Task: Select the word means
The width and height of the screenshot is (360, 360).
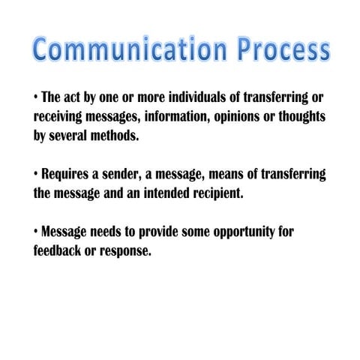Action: pos(237,174)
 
